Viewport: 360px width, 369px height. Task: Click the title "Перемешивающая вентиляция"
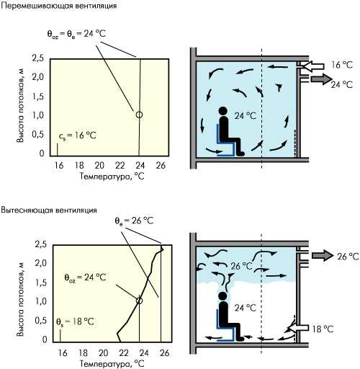(x=59, y=5)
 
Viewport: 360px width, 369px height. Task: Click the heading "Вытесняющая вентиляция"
(x=49, y=210)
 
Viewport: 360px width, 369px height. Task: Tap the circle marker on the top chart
(x=139, y=115)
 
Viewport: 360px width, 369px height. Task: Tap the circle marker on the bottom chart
(x=139, y=301)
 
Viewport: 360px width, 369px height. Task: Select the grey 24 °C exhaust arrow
(x=321, y=79)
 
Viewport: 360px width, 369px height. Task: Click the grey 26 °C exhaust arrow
(x=323, y=255)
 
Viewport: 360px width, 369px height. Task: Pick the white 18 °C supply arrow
(x=297, y=328)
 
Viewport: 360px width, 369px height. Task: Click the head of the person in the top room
(x=223, y=111)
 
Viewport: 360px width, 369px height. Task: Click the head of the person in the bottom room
(x=222, y=295)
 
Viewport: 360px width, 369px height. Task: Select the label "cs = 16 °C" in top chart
(x=77, y=135)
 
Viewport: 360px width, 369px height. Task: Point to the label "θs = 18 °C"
(x=75, y=321)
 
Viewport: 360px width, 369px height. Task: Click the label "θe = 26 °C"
(x=134, y=221)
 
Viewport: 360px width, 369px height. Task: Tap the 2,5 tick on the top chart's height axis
(x=38, y=58)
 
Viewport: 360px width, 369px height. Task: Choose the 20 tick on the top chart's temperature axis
(x=99, y=165)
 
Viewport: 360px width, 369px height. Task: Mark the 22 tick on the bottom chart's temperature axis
(x=124, y=353)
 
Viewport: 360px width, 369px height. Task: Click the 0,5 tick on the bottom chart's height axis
(x=41, y=320)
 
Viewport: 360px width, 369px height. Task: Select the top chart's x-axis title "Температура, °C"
(x=112, y=177)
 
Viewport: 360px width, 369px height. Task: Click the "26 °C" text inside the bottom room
(x=241, y=266)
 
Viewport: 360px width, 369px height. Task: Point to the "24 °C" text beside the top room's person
(x=245, y=116)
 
